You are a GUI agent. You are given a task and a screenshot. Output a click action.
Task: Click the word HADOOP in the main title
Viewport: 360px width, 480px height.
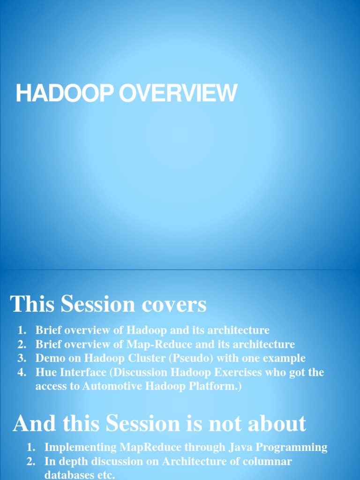coord(66,93)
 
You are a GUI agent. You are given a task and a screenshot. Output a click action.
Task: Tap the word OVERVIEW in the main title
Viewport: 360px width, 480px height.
coord(178,93)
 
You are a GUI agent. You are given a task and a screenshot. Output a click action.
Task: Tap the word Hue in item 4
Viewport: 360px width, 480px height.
coord(46,373)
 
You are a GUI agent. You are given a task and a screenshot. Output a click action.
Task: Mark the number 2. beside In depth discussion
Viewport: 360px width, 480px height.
coord(31,461)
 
